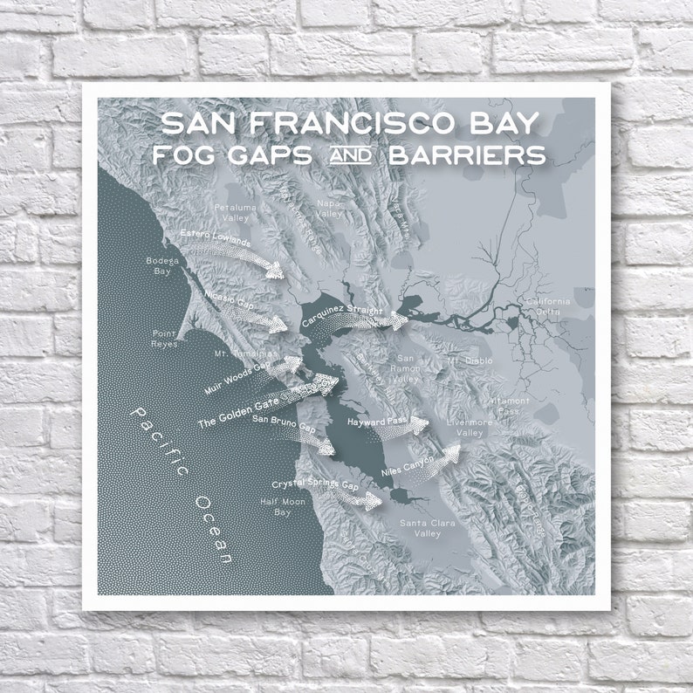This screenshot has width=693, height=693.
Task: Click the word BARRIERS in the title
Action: click(468, 154)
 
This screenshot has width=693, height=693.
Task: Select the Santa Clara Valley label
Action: click(421, 527)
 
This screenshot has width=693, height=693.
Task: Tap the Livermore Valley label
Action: click(470, 428)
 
